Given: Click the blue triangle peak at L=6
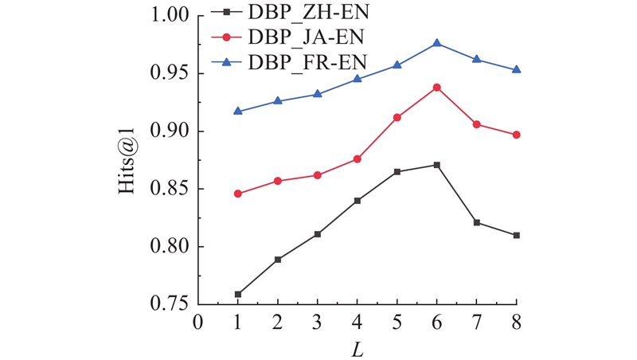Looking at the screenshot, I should pyautogui.click(x=437, y=43).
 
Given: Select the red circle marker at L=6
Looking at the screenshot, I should pyautogui.click(x=437, y=87).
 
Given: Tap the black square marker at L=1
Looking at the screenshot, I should pyautogui.click(x=238, y=294).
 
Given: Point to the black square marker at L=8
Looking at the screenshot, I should pyautogui.click(x=517, y=235).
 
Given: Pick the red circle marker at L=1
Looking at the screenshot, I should pyautogui.click(x=238, y=194).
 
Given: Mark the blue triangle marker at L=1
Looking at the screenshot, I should pyautogui.click(x=238, y=111).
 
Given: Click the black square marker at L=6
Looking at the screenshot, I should pyautogui.click(x=437, y=165).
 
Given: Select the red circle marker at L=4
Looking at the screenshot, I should pyautogui.click(x=358, y=159).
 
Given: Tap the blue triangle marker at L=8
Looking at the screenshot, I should pyautogui.click(x=517, y=69).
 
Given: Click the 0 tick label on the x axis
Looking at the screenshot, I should pyautogui.click(x=198, y=322).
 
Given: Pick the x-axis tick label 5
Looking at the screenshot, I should pyautogui.click(x=397, y=322).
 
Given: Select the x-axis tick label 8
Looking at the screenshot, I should pyautogui.click(x=517, y=322).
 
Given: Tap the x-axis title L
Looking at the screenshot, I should pyautogui.click(x=358, y=348).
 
